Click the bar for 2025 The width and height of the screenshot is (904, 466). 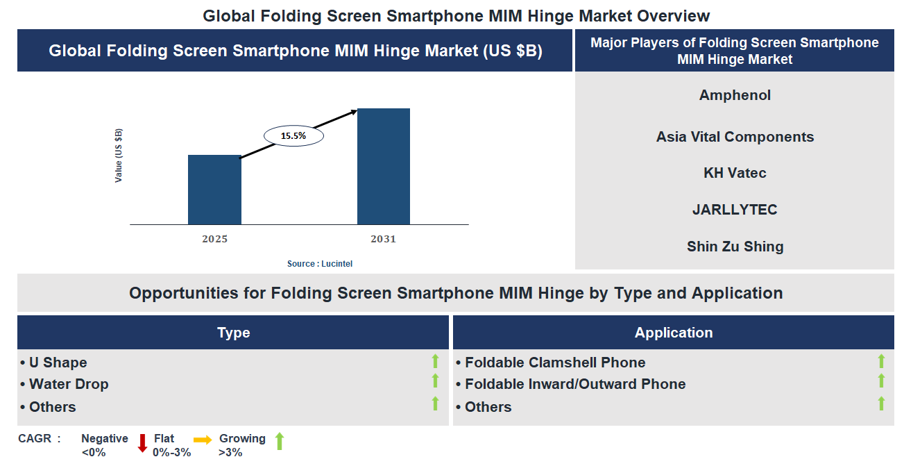pos(214,190)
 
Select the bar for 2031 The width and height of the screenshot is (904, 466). pos(383,167)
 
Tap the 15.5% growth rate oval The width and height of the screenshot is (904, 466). pos(293,136)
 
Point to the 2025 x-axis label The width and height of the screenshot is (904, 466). pos(214,239)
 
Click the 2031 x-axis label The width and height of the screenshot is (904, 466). pos(383,239)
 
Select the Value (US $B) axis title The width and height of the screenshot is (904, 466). pos(119,156)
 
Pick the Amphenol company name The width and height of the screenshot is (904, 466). pos(735,95)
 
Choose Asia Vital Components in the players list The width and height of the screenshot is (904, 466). pos(735,137)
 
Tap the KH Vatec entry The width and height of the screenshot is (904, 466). pos(735,173)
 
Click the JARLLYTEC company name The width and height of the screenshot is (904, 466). pos(735,210)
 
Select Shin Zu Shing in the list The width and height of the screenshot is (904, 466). pos(735,247)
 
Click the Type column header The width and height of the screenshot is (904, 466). pos(233,333)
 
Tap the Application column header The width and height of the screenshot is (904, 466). pos(673,333)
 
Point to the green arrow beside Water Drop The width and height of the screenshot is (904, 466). pos(435,381)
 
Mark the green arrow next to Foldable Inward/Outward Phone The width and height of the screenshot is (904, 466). pos(881,381)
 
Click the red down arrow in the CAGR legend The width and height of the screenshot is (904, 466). pos(143,442)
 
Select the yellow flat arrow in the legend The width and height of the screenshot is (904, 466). pos(203,440)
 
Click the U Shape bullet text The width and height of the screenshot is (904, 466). pos(58,363)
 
